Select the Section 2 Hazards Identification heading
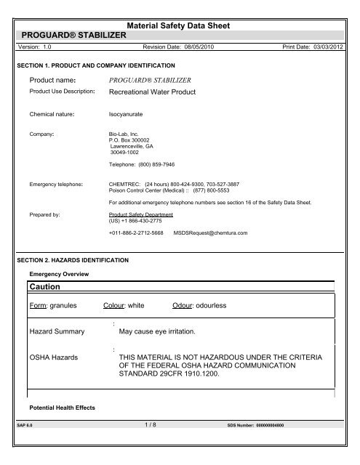[76, 259]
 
